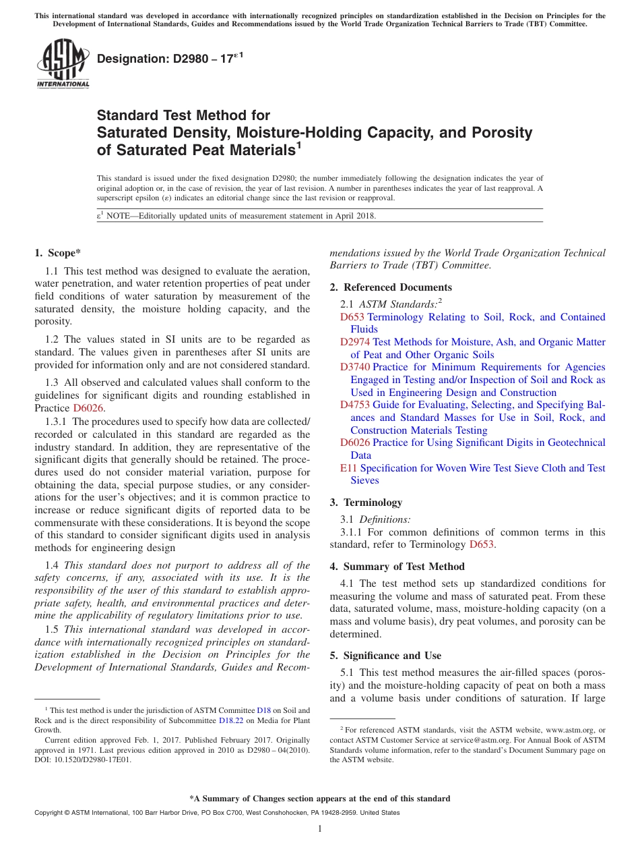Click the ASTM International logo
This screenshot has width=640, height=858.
63,65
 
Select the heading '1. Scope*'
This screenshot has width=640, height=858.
57,254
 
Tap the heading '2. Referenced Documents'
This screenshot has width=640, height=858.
391,287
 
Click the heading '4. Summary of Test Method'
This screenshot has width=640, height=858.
397,567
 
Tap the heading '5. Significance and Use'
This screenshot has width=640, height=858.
385,656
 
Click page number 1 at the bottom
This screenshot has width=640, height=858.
319,828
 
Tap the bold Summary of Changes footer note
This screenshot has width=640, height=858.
319,799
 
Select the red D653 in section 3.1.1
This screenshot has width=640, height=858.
482,545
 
